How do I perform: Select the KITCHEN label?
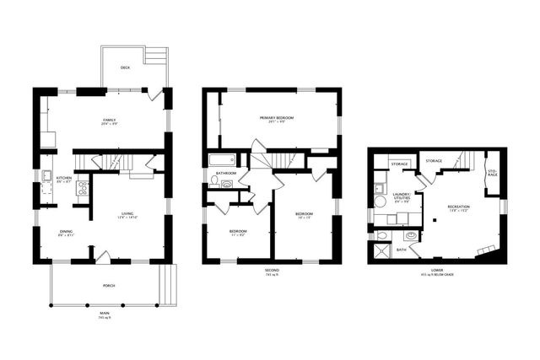64,179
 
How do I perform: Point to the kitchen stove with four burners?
83,187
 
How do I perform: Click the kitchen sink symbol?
46,176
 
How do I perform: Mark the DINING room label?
66,233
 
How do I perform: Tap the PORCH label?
109,286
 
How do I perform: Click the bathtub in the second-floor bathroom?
223,159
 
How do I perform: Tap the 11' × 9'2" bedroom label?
238,232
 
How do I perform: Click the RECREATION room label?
458,207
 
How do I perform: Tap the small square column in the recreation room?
434,220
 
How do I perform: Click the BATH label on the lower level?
402,250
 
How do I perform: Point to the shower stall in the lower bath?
381,250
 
